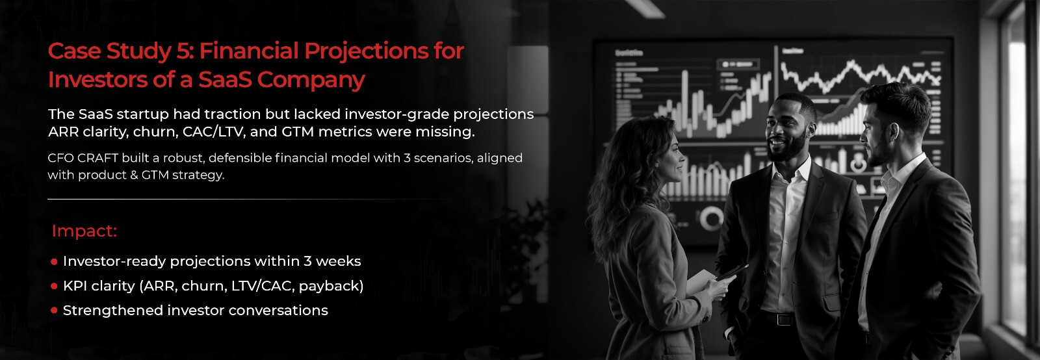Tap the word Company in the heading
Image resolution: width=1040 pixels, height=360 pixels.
311,81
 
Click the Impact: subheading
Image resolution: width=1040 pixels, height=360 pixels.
84,231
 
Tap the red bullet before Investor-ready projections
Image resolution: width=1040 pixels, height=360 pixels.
54,262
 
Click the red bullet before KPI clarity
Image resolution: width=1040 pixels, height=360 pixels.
54,287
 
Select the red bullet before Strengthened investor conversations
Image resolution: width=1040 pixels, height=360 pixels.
54,311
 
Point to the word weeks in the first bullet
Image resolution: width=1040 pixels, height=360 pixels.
339,261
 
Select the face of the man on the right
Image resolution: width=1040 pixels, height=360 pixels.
875,135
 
